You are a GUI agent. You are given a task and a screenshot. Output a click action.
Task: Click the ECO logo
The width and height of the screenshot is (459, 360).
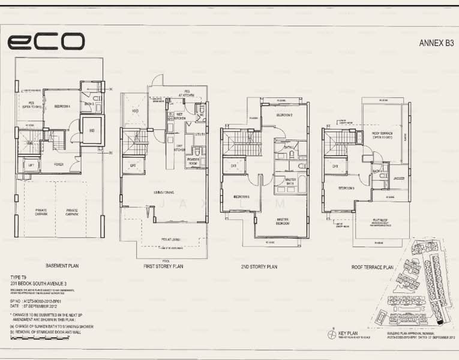(46, 41)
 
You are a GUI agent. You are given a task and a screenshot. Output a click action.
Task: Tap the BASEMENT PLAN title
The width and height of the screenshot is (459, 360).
(64, 265)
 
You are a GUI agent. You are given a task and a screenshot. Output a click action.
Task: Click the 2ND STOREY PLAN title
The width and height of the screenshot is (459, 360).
(260, 266)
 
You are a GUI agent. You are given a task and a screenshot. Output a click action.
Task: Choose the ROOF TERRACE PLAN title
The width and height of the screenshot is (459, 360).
(372, 266)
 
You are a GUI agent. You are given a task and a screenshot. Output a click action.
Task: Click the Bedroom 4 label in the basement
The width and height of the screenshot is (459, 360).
(62, 106)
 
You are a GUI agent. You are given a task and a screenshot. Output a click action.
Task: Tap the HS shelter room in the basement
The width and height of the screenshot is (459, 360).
(92, 130)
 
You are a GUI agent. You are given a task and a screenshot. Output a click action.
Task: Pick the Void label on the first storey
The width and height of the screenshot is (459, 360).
(134, 110)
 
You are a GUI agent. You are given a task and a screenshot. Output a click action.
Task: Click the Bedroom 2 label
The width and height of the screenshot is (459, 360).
(284, 115)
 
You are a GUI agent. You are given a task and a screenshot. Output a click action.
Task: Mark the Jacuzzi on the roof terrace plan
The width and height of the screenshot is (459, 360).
(400, 178)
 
